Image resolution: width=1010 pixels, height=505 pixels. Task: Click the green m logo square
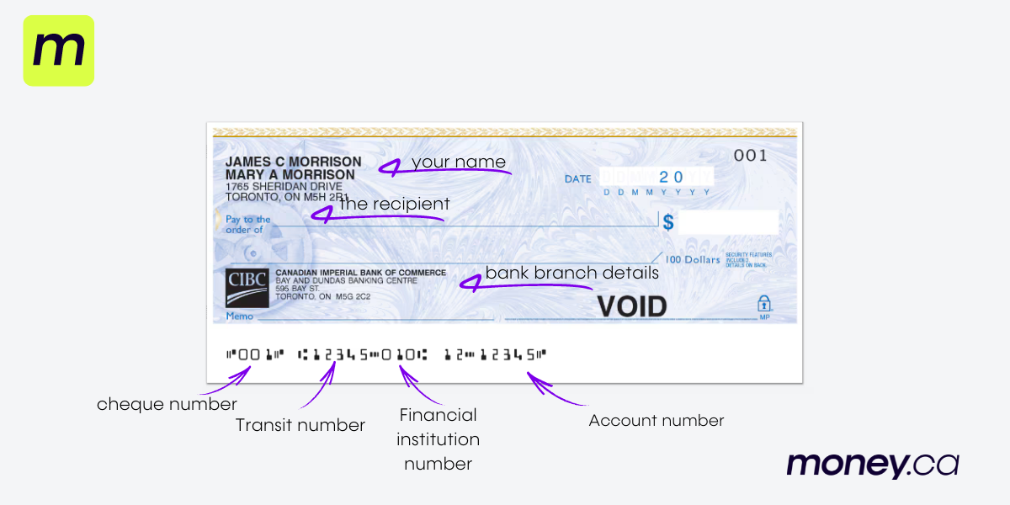(x=58, y=50)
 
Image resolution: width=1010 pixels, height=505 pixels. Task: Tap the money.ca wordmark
(x=872, y=465)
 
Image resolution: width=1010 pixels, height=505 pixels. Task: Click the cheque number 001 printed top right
(x=751, y=155)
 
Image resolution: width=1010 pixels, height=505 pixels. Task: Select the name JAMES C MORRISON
(x=293, y=162)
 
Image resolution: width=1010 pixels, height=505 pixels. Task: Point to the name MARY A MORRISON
(x=290, y=174)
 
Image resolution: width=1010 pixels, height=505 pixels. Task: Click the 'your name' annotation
(x=459, y=162)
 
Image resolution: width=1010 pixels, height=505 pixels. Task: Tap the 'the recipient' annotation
(x=394, y=204)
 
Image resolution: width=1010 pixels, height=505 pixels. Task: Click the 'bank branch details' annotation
(x=571, y=273)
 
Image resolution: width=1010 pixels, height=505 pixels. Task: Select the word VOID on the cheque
(x=631, y=306)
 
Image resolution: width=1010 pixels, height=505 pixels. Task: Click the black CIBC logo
(x=247, y=288)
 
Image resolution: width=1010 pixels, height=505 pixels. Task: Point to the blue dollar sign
(x=668, y=222)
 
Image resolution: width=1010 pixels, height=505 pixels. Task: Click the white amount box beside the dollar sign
(x=728, y=222)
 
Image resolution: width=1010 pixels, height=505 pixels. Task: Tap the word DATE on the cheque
(x=577, y=178)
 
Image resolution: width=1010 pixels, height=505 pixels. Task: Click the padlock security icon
(x=764, y=304)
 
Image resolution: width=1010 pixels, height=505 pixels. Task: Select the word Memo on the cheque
(x=239, y=316)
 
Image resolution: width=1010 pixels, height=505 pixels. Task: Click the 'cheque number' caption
(x=167, y=404)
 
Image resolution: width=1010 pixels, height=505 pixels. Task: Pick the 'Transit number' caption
(x=300, y=425)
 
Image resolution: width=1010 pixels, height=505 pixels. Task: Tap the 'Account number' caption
(x=656, y=420)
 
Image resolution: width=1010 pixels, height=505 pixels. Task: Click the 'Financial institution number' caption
(x=438, y=439)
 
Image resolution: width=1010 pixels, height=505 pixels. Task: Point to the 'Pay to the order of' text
(x=248, y=224)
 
